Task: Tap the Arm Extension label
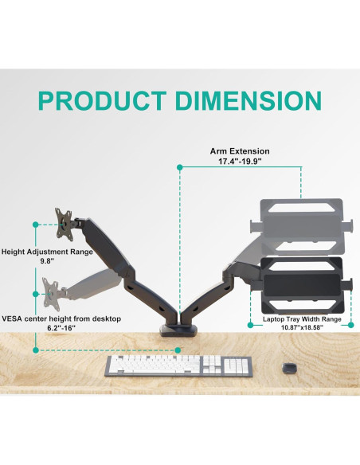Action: [240, 150]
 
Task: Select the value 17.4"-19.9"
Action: [240, 161]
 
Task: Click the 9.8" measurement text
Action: [46, 260]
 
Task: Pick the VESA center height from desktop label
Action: [61, 318]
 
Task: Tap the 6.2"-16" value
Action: [61, 328]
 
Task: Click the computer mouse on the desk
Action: [289, 366]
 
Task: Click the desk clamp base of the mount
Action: [180, 329]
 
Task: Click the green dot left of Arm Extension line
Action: [181, 167]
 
